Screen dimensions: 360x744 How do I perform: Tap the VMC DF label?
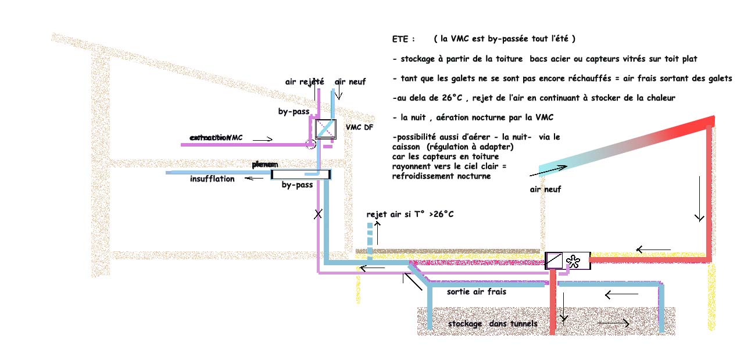click(359, 127)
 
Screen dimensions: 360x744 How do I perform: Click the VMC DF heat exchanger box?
click(325, 129)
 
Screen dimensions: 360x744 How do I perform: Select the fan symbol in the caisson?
click(573, 261)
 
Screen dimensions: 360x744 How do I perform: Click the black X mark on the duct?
click(318, 214)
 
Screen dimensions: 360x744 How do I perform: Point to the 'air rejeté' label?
click(304, 82)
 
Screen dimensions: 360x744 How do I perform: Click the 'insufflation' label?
click(212, 179)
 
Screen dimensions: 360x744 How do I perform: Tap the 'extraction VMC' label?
click(216, 137)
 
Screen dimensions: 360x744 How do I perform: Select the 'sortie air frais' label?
click(476, 292)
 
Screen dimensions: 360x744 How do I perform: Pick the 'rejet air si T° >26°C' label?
click(410, 215)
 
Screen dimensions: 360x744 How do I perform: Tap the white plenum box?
click(301, 174)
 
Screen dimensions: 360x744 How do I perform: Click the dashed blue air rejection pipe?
click(370, 231)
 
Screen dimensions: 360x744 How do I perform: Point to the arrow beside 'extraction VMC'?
click(262, 140)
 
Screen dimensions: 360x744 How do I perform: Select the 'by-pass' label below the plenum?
click(297, 185)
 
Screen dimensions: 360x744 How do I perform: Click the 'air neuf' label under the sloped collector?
click(545, 189)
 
